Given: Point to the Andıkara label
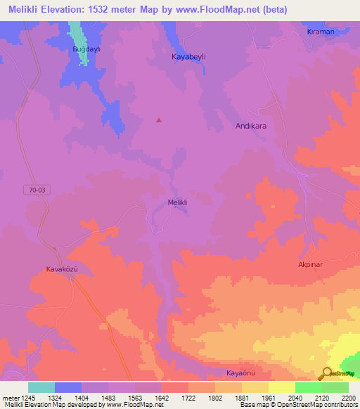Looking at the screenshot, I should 250,126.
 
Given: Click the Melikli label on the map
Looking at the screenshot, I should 177,203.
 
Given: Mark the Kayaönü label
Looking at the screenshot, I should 241,372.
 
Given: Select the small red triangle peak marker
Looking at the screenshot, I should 159,119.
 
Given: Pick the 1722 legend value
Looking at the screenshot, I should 188,397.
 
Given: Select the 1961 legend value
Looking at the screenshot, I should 268,397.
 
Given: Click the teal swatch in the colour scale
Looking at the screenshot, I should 41,387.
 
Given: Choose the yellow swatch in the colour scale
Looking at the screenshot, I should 282,387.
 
